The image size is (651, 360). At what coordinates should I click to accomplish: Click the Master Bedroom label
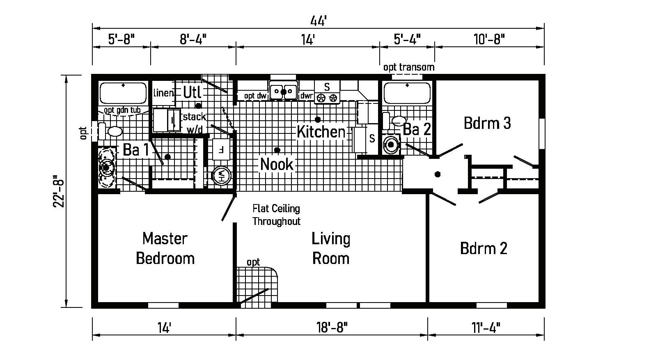point(165,248)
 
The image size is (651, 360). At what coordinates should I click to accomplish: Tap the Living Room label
point(330,248)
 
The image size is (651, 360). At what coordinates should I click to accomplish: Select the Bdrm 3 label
point(487,123)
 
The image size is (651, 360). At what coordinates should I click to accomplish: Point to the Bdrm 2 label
point(484,248)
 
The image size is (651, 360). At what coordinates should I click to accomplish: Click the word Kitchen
point(321,132)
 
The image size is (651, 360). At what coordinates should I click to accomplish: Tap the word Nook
point(277,165)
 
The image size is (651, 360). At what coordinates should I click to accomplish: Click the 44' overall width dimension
point(319,20)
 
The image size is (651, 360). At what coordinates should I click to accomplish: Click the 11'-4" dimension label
point(486,327)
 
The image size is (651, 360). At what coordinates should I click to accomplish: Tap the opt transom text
point(408,67)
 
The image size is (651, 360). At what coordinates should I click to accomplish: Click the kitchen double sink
point(283,91)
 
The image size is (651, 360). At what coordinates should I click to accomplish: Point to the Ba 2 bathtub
point(407,93)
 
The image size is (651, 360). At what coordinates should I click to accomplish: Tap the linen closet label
point(163,93)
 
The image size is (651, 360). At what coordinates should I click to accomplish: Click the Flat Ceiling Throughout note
point(276,215)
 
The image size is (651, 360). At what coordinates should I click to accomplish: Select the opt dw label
point(255,96)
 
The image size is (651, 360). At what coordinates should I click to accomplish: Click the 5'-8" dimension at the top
point(121,39)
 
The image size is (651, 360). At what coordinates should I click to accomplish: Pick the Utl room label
point(192,92)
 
